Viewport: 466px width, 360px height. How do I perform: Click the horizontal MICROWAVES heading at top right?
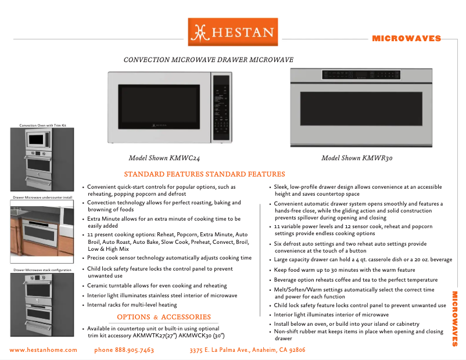406,39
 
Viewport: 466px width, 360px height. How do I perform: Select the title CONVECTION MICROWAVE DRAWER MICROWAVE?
208,60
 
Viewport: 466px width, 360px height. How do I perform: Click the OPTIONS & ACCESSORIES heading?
164,317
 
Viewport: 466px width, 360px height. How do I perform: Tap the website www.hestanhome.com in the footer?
43,350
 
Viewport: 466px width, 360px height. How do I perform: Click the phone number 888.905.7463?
124,350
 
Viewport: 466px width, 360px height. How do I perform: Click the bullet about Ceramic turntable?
157,286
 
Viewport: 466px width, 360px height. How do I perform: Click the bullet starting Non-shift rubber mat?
359,335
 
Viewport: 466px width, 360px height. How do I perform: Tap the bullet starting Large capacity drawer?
363,260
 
